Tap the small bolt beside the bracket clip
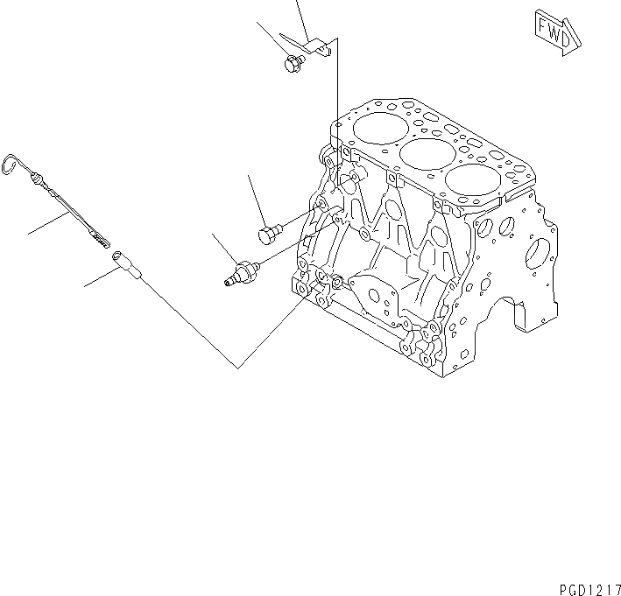pyautogui.click(x=293, y=62)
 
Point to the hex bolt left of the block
pyautogui.click(x=269, y=233)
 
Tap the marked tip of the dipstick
pyautogui.click(x=98, y=234)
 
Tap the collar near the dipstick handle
pyautogui.click(x=40, y=181)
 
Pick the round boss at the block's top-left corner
pyautogui.click(x=331, y=158)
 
